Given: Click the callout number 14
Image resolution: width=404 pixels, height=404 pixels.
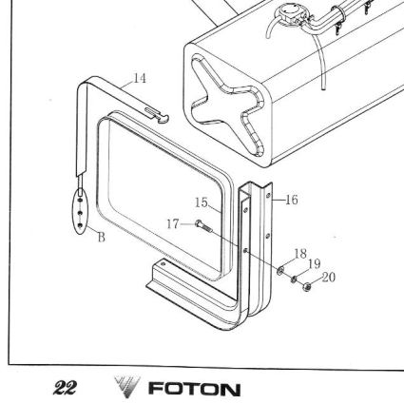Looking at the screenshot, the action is click(x=140, y=78).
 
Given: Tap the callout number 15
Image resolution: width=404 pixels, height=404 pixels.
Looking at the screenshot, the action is click(x=202, y=202).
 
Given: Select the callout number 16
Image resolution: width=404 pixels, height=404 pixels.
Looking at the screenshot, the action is click(x=292, y=200).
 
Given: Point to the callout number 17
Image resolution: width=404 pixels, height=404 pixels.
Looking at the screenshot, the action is click(x=173, y=224).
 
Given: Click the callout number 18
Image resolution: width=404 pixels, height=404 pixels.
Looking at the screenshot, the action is click(x=300, y=254).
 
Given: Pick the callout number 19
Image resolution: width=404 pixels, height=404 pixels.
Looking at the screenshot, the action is click(x=314, y=263).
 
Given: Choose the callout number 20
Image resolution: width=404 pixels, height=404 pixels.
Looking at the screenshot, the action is click(x=329, y=278).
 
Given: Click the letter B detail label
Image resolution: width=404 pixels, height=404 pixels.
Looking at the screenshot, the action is click(x=101, y=237).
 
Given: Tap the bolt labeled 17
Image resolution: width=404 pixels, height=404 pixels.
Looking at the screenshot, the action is click(x=203, y=226).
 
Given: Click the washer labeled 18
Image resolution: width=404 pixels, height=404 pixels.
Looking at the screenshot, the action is click(x=280, y=271).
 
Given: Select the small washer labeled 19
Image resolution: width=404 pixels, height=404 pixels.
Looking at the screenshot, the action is click(x=294, y=279).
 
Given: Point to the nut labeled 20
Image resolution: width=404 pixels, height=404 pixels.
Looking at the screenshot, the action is click(x=307, y=287).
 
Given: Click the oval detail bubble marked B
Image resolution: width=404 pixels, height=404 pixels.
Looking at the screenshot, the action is click(x=80, y=211).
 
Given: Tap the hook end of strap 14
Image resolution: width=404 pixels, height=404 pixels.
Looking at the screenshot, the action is click(x=164, y=119).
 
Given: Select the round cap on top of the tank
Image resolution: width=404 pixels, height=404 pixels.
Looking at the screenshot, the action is click(x=289, y=13).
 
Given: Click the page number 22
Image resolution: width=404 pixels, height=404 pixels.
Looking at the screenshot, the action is click(x=65, y=387).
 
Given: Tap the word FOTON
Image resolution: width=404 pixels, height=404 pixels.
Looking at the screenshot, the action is click(x=194, y=389).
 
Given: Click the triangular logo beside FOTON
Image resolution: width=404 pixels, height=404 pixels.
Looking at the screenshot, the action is click(x=126, y=386).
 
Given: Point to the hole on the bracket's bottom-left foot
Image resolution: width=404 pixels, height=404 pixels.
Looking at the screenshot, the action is click(x=164, y=263).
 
